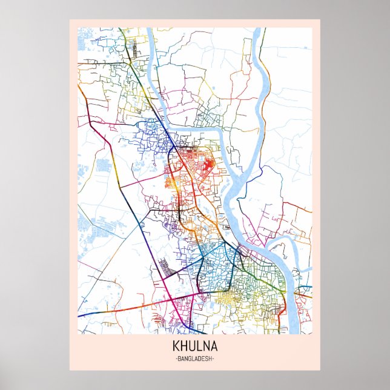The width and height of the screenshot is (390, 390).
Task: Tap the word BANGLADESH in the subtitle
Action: [x=194, y=359]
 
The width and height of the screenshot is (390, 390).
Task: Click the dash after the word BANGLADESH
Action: [x=214, y=359]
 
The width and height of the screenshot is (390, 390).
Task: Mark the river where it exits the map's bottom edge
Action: [x=294, y=330]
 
